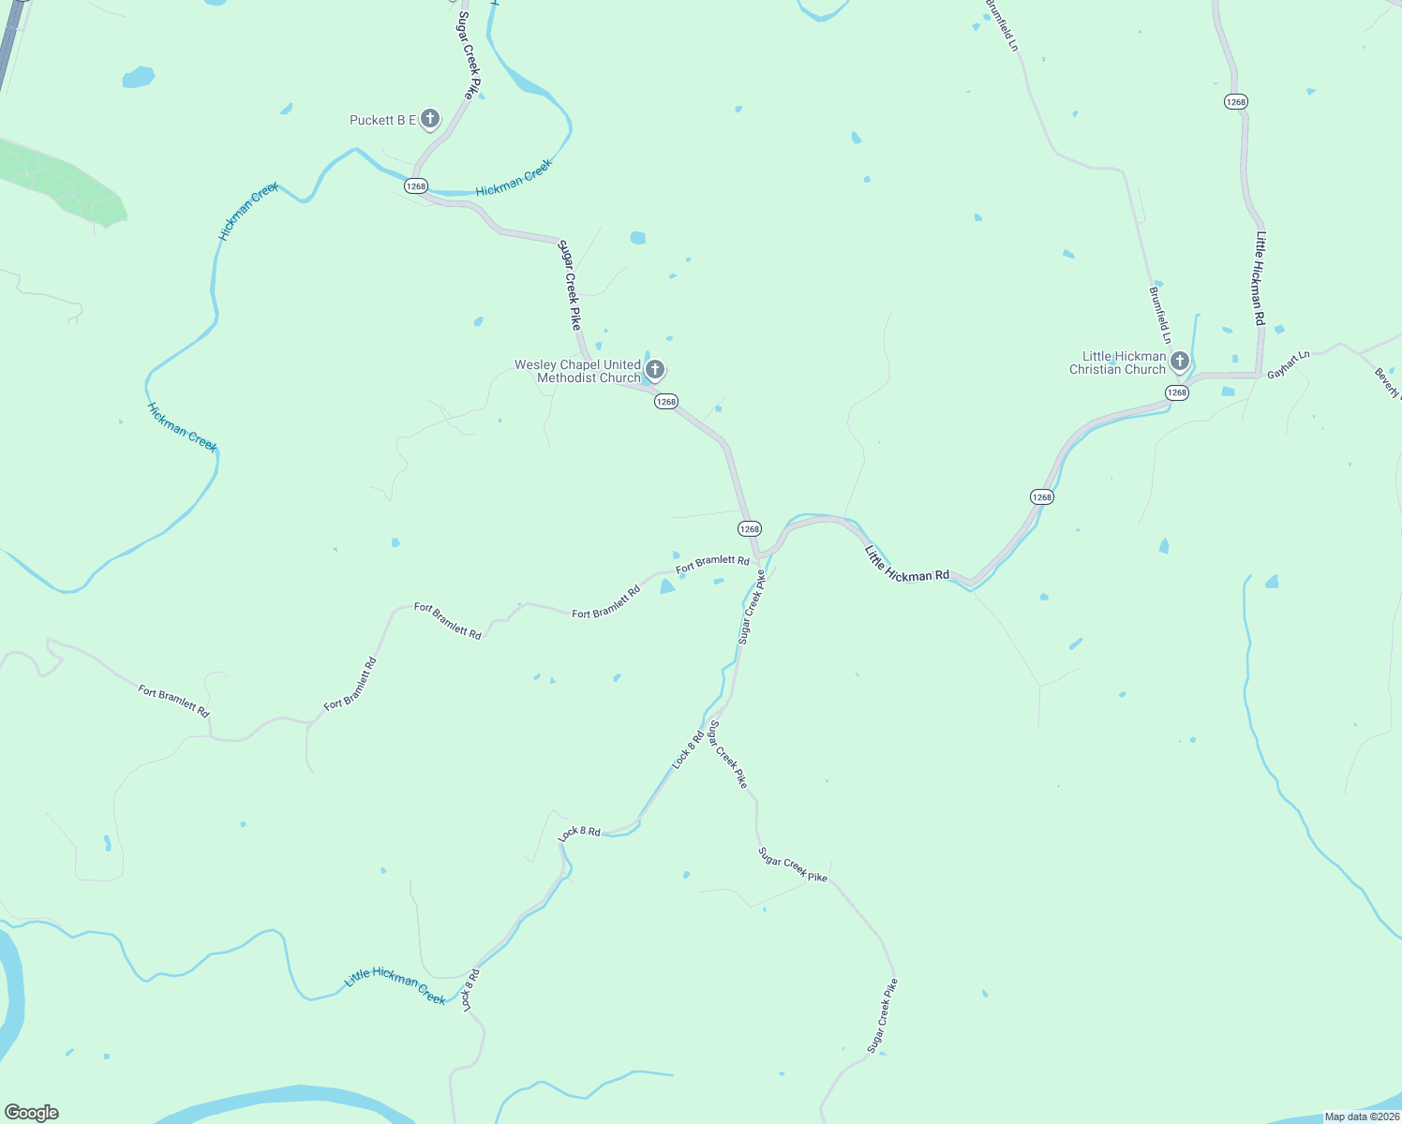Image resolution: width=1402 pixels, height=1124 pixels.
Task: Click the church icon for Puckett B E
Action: coord(430,119)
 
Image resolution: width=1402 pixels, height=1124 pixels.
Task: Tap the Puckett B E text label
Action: coord(382,120)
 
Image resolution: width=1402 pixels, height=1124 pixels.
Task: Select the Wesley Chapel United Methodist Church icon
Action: coord(655,370)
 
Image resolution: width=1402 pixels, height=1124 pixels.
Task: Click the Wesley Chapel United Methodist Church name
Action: coord(577,371)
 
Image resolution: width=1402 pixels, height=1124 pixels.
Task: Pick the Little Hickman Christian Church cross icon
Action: coord(1180,361)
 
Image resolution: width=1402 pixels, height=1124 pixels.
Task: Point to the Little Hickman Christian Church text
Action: coord(1117,362)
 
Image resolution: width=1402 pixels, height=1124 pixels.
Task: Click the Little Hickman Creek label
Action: coord(395,984)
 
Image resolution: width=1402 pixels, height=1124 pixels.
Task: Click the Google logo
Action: coord(32,1112)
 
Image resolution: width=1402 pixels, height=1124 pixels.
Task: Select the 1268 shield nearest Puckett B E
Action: coord(416,186)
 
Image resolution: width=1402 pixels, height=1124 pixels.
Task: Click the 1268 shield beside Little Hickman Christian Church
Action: coord(1177,393)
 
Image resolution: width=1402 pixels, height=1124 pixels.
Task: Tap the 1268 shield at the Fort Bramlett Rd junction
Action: coord(749,529)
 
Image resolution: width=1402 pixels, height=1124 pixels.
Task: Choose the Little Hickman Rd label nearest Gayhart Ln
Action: coord(1260,278)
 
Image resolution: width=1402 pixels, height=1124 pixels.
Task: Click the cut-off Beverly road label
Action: coord(1387,382)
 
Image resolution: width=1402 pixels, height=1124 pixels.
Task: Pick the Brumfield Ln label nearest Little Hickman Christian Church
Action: coord(1160,314)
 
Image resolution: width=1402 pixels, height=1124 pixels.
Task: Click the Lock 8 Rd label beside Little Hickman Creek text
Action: coord(470,989)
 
